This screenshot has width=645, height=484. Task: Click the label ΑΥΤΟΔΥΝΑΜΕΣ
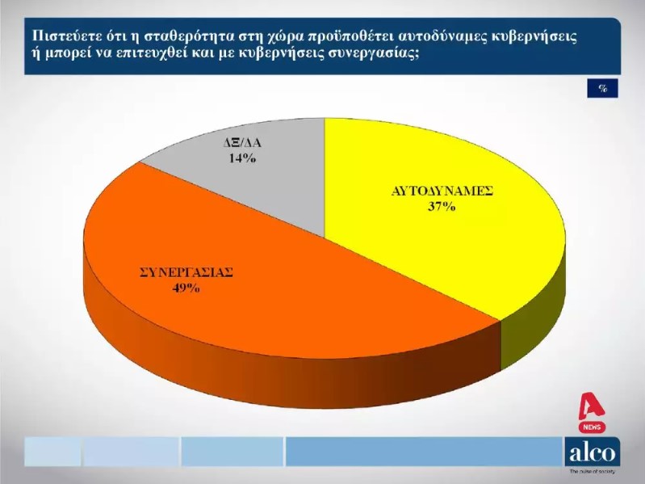point(442,191)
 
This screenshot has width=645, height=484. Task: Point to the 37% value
point(442,206)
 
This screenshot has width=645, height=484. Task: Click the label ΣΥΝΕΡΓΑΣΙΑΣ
point(186,273)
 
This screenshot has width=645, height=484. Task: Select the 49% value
point(186,288)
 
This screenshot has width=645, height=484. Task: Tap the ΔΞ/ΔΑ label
point(242,143)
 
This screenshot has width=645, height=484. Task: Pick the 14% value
point(242,158)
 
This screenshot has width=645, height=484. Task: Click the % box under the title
point(603,88)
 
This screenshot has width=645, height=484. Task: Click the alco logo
point(593,452)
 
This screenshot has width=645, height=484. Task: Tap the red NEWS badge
point(592,427)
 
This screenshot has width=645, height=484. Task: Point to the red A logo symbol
point(591,406)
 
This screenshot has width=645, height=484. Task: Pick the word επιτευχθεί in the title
point(168,54)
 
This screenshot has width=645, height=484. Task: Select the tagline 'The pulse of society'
point(593,471)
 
